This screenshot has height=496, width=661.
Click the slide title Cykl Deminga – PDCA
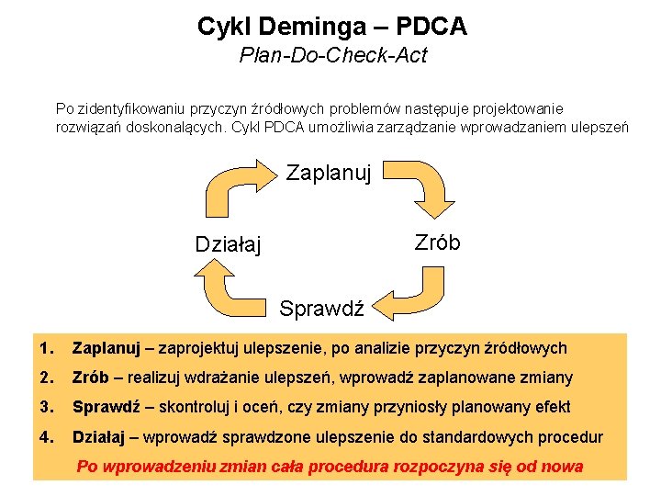tap(331, 26)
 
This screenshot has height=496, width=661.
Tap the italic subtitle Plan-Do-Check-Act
tap(332, 56)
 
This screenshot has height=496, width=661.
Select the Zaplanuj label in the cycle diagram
tap(328, 172)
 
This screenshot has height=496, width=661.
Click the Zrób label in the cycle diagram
tap(437, 242)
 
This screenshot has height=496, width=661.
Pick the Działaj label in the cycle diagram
tap(228, 244)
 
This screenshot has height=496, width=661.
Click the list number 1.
tap(47, 348)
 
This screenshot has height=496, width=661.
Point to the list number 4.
tap(47, 436)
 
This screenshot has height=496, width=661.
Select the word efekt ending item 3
tap(552, 407)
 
